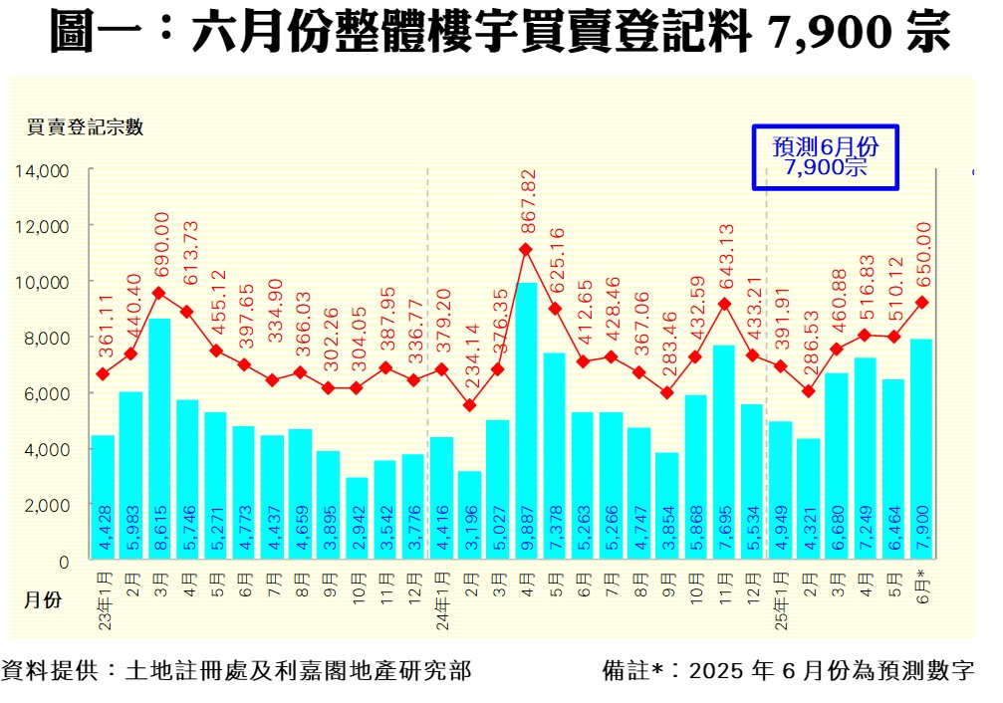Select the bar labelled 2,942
point(357,519)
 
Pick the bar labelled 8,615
point(159,439)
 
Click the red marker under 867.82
point(527,249)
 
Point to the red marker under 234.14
point(470,405)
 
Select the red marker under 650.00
point(921,302)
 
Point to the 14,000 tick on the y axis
point(42,170)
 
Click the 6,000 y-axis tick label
point(46,393)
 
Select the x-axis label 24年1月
point(441,594)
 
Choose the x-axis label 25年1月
point(780,594)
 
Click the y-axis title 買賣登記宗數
point(86,126)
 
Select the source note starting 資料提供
point(237,670)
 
